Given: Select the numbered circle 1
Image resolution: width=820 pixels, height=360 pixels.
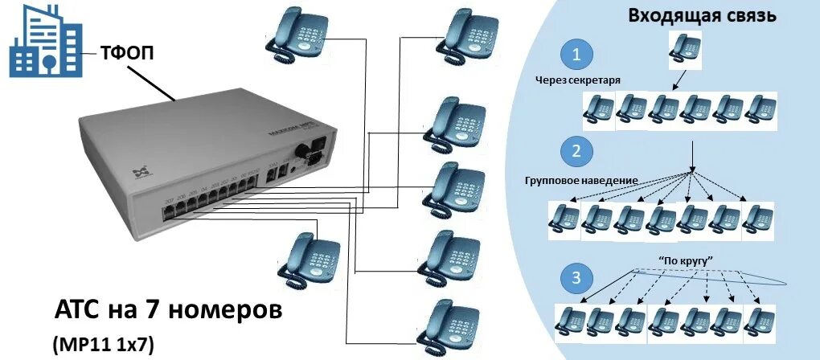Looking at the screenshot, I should click(x=576, y=55).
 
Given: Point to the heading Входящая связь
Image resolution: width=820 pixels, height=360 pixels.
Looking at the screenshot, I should click(x=702, y=14).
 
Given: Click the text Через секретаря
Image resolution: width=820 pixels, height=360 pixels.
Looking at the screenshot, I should click(x=579, y=80).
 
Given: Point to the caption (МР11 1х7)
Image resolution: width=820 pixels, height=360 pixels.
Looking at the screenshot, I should click(x=104, y=344).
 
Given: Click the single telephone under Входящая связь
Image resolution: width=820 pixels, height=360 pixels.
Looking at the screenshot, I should click(x=685, y=50).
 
